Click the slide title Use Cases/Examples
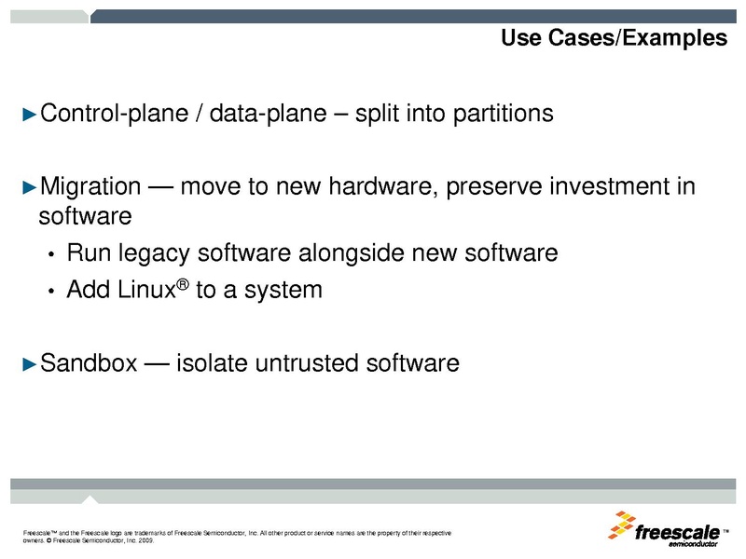click(x=614, y=38)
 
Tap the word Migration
click(x=90, y=186)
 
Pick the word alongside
click(x=358, y=252)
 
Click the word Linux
click(x=144, y=290)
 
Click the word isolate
click(x=209, y=362)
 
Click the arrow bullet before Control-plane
click(x=29, y=115)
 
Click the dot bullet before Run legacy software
click(x=53, y=254)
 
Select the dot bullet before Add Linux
click(x=53, y=292)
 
